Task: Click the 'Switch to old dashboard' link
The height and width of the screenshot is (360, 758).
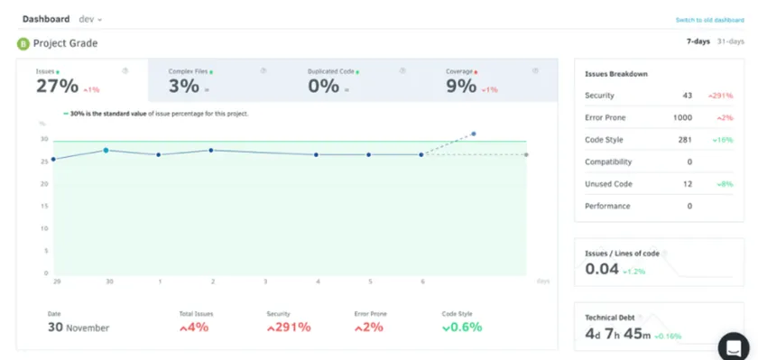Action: point(709,20)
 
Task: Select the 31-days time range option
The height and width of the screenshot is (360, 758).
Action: point(731,42)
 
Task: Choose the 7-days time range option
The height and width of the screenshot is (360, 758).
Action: point(698,42)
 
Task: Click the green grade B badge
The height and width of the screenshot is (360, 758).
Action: point(23,43)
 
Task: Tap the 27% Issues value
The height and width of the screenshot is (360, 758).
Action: point(57,87)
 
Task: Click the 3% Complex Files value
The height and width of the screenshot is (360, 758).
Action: point(183,87)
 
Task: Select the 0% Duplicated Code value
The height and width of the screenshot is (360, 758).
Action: point(323,87)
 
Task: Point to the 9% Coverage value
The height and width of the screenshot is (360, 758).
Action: point(460,87)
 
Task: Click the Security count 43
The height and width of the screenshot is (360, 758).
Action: point(687,96)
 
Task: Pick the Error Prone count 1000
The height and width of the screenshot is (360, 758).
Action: point(682,118)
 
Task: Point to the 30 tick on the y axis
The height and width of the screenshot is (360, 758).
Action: point(43,140)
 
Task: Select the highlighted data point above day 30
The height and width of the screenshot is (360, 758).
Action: point(106,151)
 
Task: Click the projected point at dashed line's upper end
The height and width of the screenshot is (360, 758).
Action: point(474,134)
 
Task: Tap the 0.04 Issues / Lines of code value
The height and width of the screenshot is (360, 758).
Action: point(601,269)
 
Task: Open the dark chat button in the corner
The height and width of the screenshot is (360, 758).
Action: point(734,346)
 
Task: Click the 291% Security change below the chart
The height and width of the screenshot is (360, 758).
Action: point(289,328)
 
